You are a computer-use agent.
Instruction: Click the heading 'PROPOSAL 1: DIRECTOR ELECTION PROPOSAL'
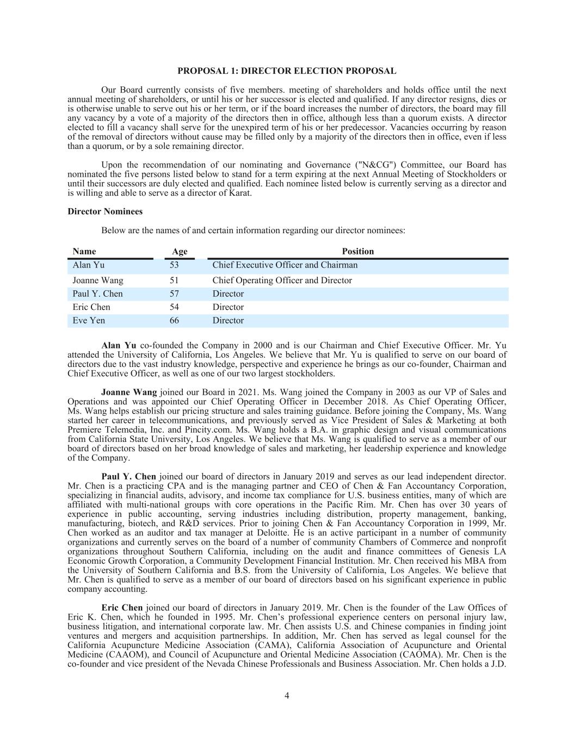coord(287,71)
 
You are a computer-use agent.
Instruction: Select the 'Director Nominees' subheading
coord(105,211)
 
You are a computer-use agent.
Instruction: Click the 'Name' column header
coord(84,251)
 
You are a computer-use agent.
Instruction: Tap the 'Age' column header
coord(180,251)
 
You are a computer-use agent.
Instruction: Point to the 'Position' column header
coord(357,251)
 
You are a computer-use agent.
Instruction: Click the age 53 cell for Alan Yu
coord(174,265)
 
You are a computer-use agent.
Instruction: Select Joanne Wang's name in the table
coord(98,280)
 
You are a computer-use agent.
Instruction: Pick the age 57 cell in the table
coord(174,294)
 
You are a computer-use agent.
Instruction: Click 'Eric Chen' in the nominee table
coord(91,307)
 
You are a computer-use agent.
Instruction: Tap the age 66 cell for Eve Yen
coord(174,321)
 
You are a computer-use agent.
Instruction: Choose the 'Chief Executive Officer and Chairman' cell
coord(285,265)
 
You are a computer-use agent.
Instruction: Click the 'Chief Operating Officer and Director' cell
coord(282,280)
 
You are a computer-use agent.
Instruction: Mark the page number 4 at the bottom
coord(287,696)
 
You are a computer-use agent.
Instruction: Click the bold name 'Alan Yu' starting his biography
coord(119,346)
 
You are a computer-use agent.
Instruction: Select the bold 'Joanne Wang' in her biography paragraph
coord(129,392)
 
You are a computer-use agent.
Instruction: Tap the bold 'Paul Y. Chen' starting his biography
coord(128,477)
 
